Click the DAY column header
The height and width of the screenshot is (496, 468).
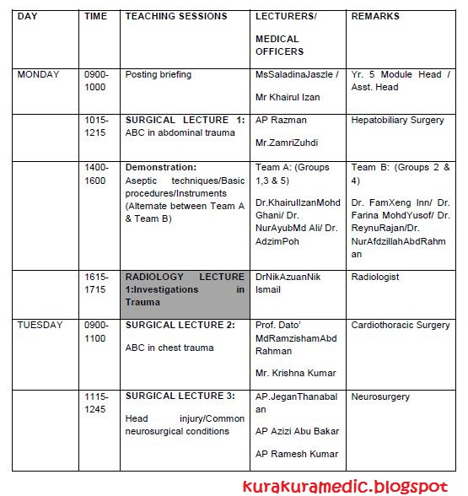coord(28,16)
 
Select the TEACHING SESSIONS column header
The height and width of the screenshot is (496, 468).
coord(176,16)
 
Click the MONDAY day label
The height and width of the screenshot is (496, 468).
coord(39,74)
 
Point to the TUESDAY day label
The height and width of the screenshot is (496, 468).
coord(40,325)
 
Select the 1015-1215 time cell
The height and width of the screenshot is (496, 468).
coord(96,126)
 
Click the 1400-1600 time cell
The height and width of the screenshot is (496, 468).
coord(96,173)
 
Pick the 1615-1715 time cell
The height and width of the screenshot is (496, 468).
coord(96,283)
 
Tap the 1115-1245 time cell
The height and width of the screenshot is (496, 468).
coord(96,402)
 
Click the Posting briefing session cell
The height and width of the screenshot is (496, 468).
coord(159,74)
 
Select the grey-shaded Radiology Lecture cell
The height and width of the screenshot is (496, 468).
coord(186,294)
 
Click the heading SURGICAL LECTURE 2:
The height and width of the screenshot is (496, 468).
coord(180,325)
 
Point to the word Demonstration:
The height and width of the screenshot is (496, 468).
coord(160,167)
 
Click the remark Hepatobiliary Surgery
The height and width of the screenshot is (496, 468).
coord(397,120)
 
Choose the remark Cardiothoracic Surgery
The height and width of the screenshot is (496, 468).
coord(401,325)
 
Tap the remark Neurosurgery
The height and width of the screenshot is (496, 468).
coord(380,396)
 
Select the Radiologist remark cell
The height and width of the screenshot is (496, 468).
coord(375,277)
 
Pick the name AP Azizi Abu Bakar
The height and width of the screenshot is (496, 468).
coord(297,431)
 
